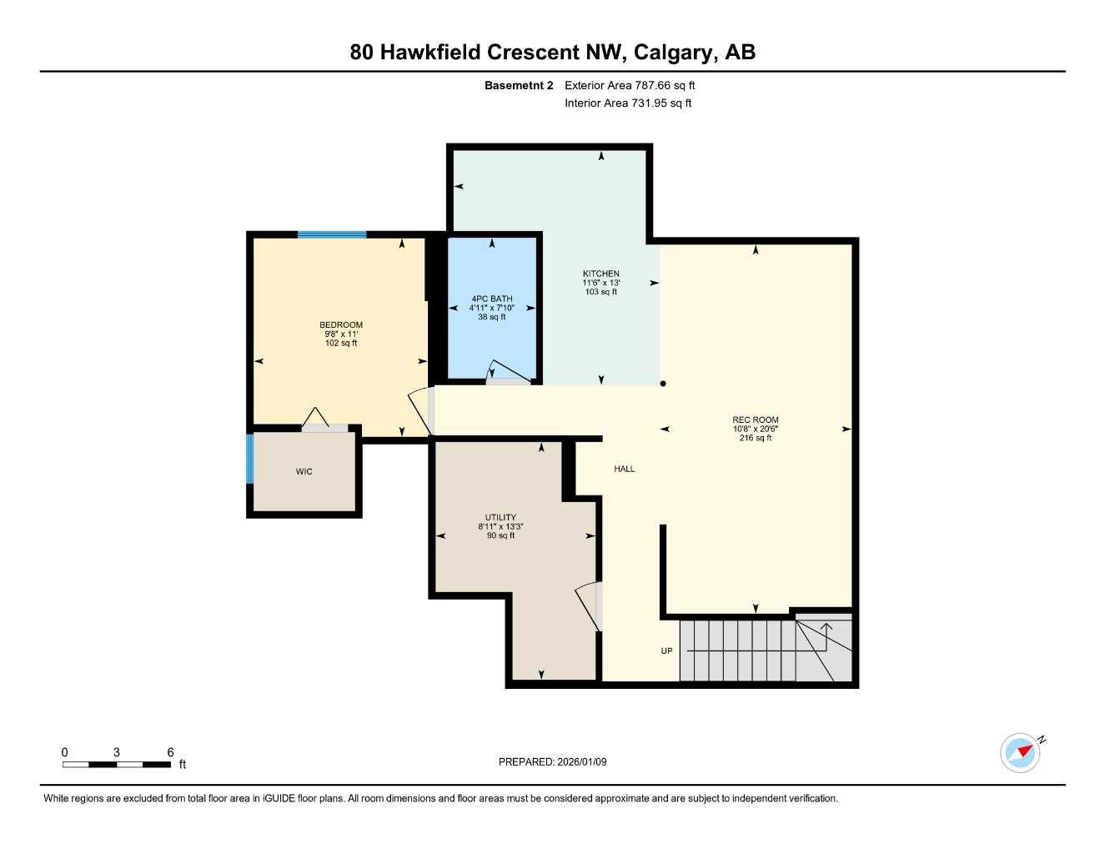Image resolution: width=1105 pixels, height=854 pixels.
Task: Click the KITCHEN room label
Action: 600,274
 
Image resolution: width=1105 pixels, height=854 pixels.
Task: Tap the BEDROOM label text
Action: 341,325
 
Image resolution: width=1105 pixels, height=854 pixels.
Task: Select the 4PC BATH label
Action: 492,299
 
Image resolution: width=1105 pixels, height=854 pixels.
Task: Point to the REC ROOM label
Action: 755,420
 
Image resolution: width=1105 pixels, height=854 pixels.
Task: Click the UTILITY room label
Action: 500,517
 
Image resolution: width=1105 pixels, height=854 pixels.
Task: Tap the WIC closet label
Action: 304,472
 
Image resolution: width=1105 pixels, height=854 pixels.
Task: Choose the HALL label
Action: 625,469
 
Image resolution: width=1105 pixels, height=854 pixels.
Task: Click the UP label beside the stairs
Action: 666,651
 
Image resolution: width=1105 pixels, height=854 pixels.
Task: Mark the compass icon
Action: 1021,752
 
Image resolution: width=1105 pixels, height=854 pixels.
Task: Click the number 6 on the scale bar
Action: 170,752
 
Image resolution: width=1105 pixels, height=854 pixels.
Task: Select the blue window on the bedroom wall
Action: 332,235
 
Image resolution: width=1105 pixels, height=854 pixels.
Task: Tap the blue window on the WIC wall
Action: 249,458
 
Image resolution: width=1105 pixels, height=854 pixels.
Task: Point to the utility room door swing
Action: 589,605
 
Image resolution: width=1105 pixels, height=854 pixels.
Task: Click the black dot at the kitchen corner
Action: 663,384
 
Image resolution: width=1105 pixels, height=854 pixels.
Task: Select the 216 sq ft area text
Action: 755,438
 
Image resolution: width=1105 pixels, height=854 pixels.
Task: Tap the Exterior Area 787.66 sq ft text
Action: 630,85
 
